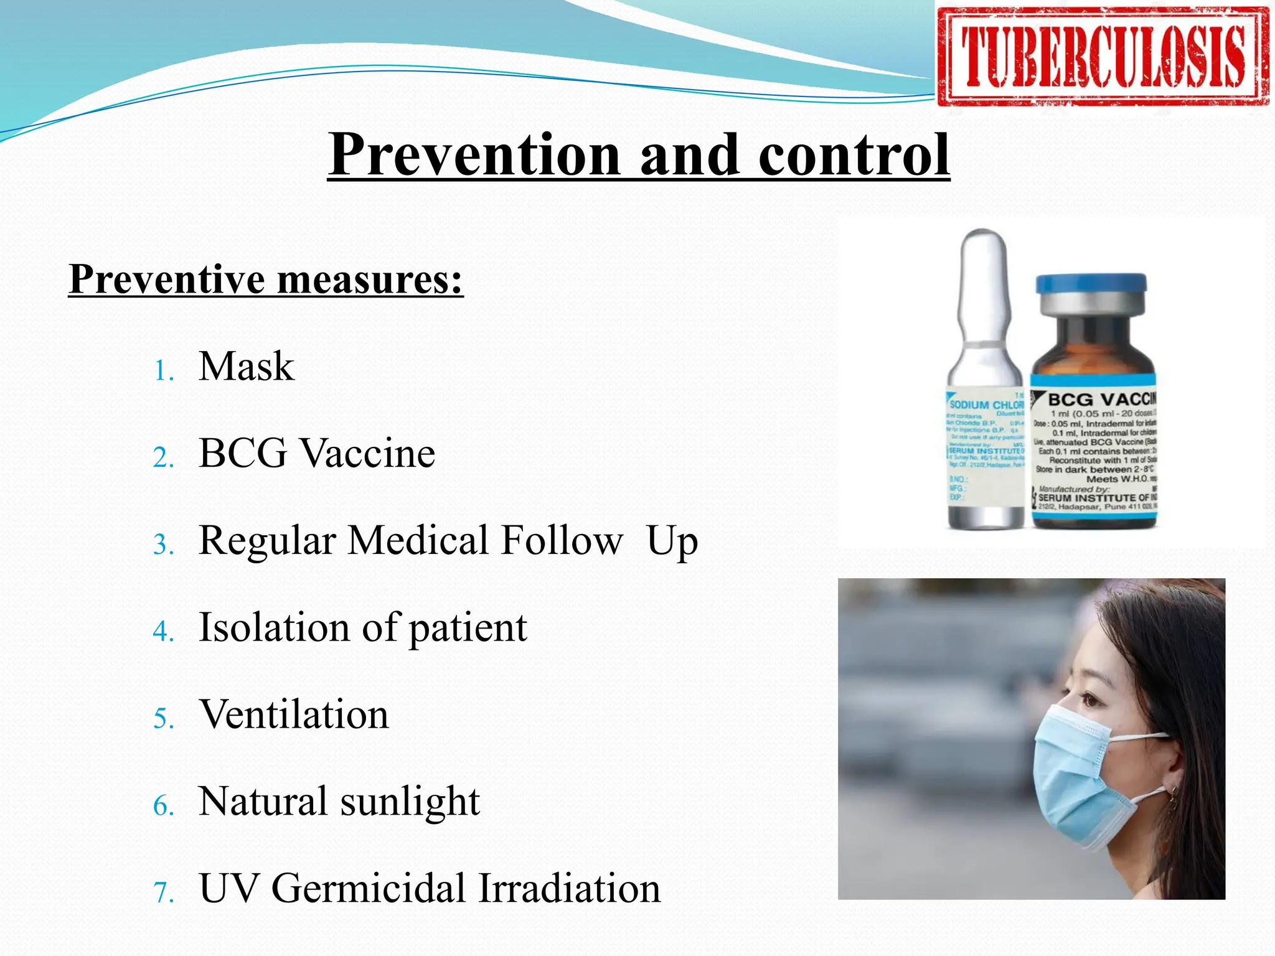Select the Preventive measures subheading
click(266, 279)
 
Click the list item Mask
click(246, 366)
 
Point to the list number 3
click(163, 545)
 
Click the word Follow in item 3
click(561, 540)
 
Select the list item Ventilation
click(294, 715)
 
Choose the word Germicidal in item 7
click(368, 888)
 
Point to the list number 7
click(163, 893)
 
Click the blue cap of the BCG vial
click(1091, 284)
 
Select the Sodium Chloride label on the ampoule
click(986, 405)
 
